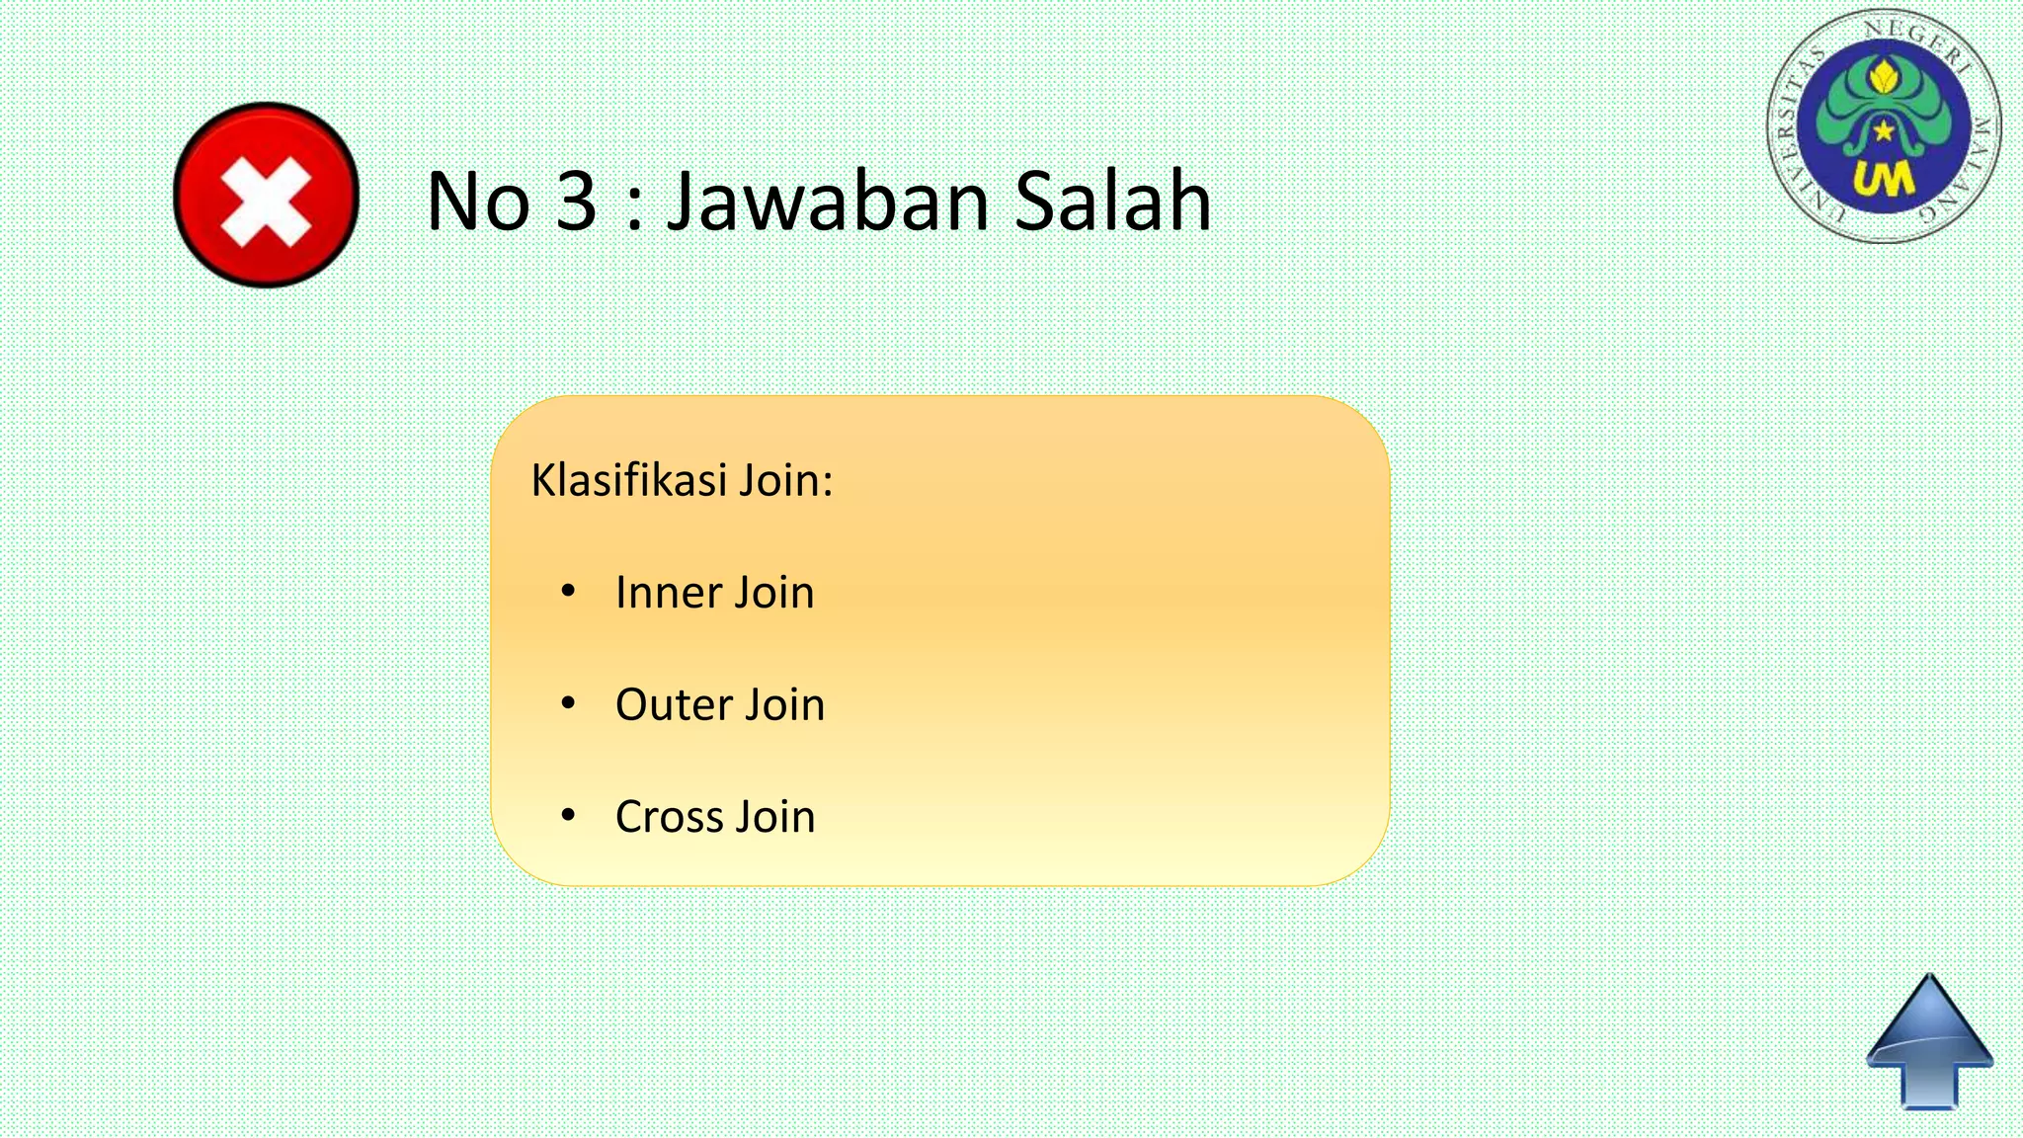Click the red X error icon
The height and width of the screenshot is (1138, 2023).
click(x=266, y=195)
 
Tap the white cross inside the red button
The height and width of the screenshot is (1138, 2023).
click(x=266, y=203)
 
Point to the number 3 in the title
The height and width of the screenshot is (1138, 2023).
click(x=576, y=202)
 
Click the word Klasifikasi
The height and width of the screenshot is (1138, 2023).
click(x=628, y=480)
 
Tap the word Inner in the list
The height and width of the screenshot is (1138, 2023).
click(x=667, y=593)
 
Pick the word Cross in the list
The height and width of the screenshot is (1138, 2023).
click(x=669, y=817)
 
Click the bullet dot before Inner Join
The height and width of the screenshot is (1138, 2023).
click(x=567, y=592)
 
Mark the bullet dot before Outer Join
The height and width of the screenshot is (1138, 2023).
click(x=567, y=703)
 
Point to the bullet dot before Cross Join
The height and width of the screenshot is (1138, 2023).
click(x=567, y=815)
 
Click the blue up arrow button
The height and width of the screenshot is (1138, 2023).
click(x=1929, y=1042)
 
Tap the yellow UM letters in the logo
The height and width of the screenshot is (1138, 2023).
click(x=1883, y=180)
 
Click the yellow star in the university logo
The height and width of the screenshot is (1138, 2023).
click(x=1885, y=130)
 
